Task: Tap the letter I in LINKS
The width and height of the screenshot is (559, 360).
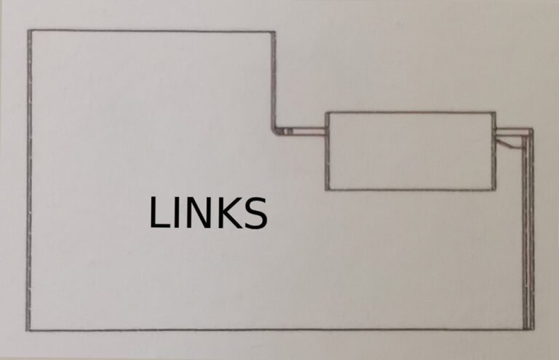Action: click(176, 213)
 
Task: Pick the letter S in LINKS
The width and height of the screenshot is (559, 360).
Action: click(253, 213)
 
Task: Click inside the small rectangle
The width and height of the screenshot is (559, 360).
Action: click(410, 151)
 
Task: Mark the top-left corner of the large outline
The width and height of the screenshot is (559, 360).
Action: click(29, 31)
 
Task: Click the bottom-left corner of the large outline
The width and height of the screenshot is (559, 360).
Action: click(30, 329)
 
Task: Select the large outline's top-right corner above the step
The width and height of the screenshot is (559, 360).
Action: click(274, 32)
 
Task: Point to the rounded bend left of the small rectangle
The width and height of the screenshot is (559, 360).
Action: click(277, 129)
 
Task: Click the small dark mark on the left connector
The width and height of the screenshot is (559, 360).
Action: click(288, 132)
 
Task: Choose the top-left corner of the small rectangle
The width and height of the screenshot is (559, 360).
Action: click(326, 113)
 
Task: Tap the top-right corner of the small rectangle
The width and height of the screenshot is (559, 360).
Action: click(495, 113)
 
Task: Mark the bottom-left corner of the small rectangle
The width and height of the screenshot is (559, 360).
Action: click(326, 190)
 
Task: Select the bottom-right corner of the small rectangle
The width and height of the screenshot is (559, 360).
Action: click(495, 189)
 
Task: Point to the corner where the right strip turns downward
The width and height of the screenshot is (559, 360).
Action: click(530, 132)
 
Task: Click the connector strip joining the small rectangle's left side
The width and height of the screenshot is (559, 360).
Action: click(306, 132)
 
